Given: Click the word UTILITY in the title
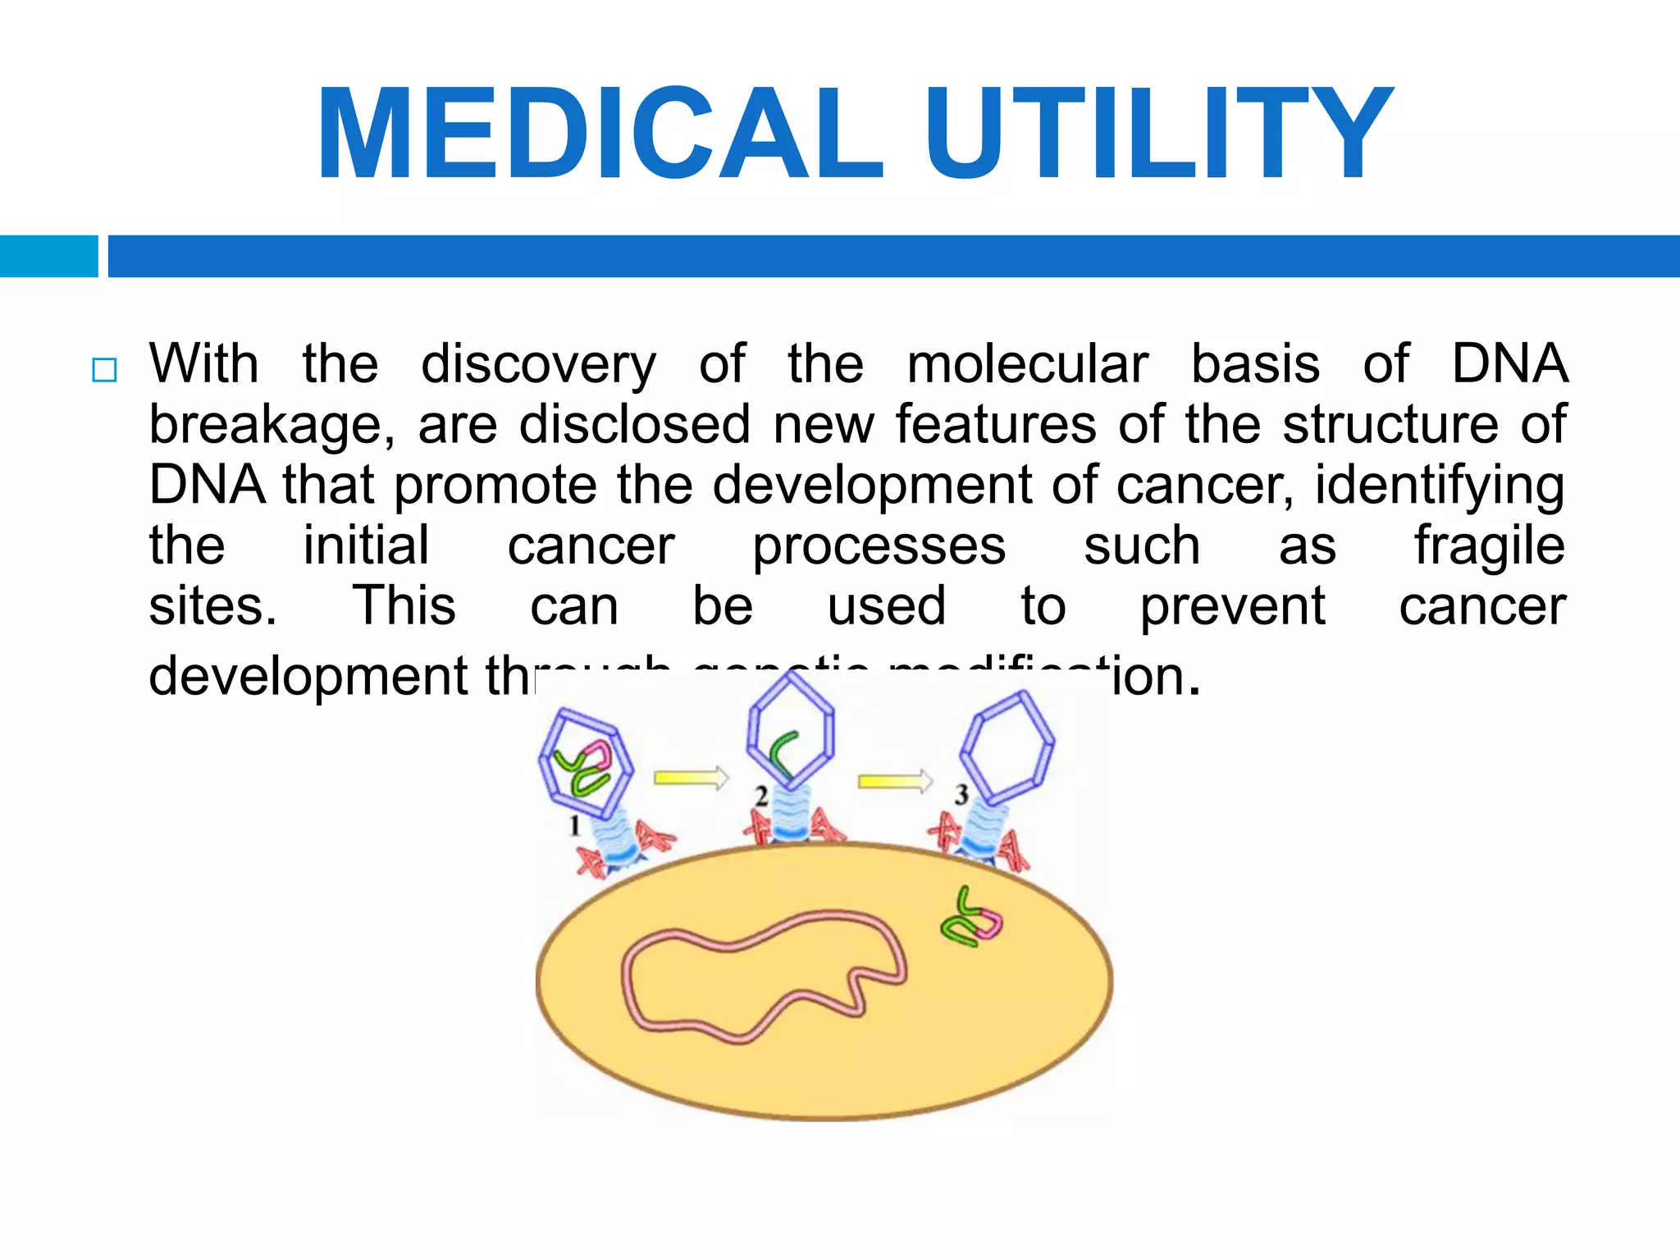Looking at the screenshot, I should pos(1158,133).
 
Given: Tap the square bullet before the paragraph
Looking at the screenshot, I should pos(104,370).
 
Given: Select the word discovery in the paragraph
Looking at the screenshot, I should pos(538,364).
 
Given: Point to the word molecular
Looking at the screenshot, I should pos(1027,364).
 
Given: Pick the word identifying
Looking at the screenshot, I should pos(1440,486).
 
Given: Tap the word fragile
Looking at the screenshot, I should pos(1489,546).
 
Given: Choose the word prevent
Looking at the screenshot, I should pos(1232,607).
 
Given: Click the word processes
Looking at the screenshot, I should pos(879,546).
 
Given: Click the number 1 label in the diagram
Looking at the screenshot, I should pos(575,825).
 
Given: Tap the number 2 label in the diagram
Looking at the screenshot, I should pos(761,796).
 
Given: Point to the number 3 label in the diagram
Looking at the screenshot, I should pos(961,793).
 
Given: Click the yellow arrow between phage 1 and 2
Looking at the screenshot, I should pos(691,777).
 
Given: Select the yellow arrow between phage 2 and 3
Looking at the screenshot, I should pos(895,781).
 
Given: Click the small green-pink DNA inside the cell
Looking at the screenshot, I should pos(972,920).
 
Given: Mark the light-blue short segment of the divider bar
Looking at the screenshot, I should pos(48,256).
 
